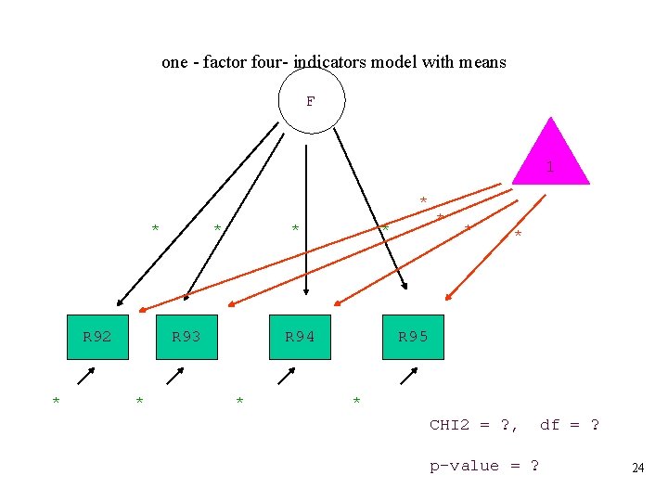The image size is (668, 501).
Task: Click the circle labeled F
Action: click(311, 100)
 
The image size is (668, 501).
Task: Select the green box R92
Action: click(97, 337)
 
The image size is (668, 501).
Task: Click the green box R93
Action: click(186, 337)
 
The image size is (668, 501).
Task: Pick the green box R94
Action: click(300, 337)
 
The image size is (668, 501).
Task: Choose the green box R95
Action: click(413, 337)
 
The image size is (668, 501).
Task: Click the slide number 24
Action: click(637, 469)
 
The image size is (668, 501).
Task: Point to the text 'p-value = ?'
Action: click(483, 466)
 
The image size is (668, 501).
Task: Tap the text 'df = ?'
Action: click(569, 425)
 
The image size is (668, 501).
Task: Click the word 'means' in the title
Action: click(482, 62)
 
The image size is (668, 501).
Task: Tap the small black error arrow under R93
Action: click(174, 376)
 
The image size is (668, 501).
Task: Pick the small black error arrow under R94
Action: click(287, 376)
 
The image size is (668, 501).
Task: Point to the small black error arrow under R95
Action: click(406, 376)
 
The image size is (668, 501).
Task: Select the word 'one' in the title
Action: click(174, 62)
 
